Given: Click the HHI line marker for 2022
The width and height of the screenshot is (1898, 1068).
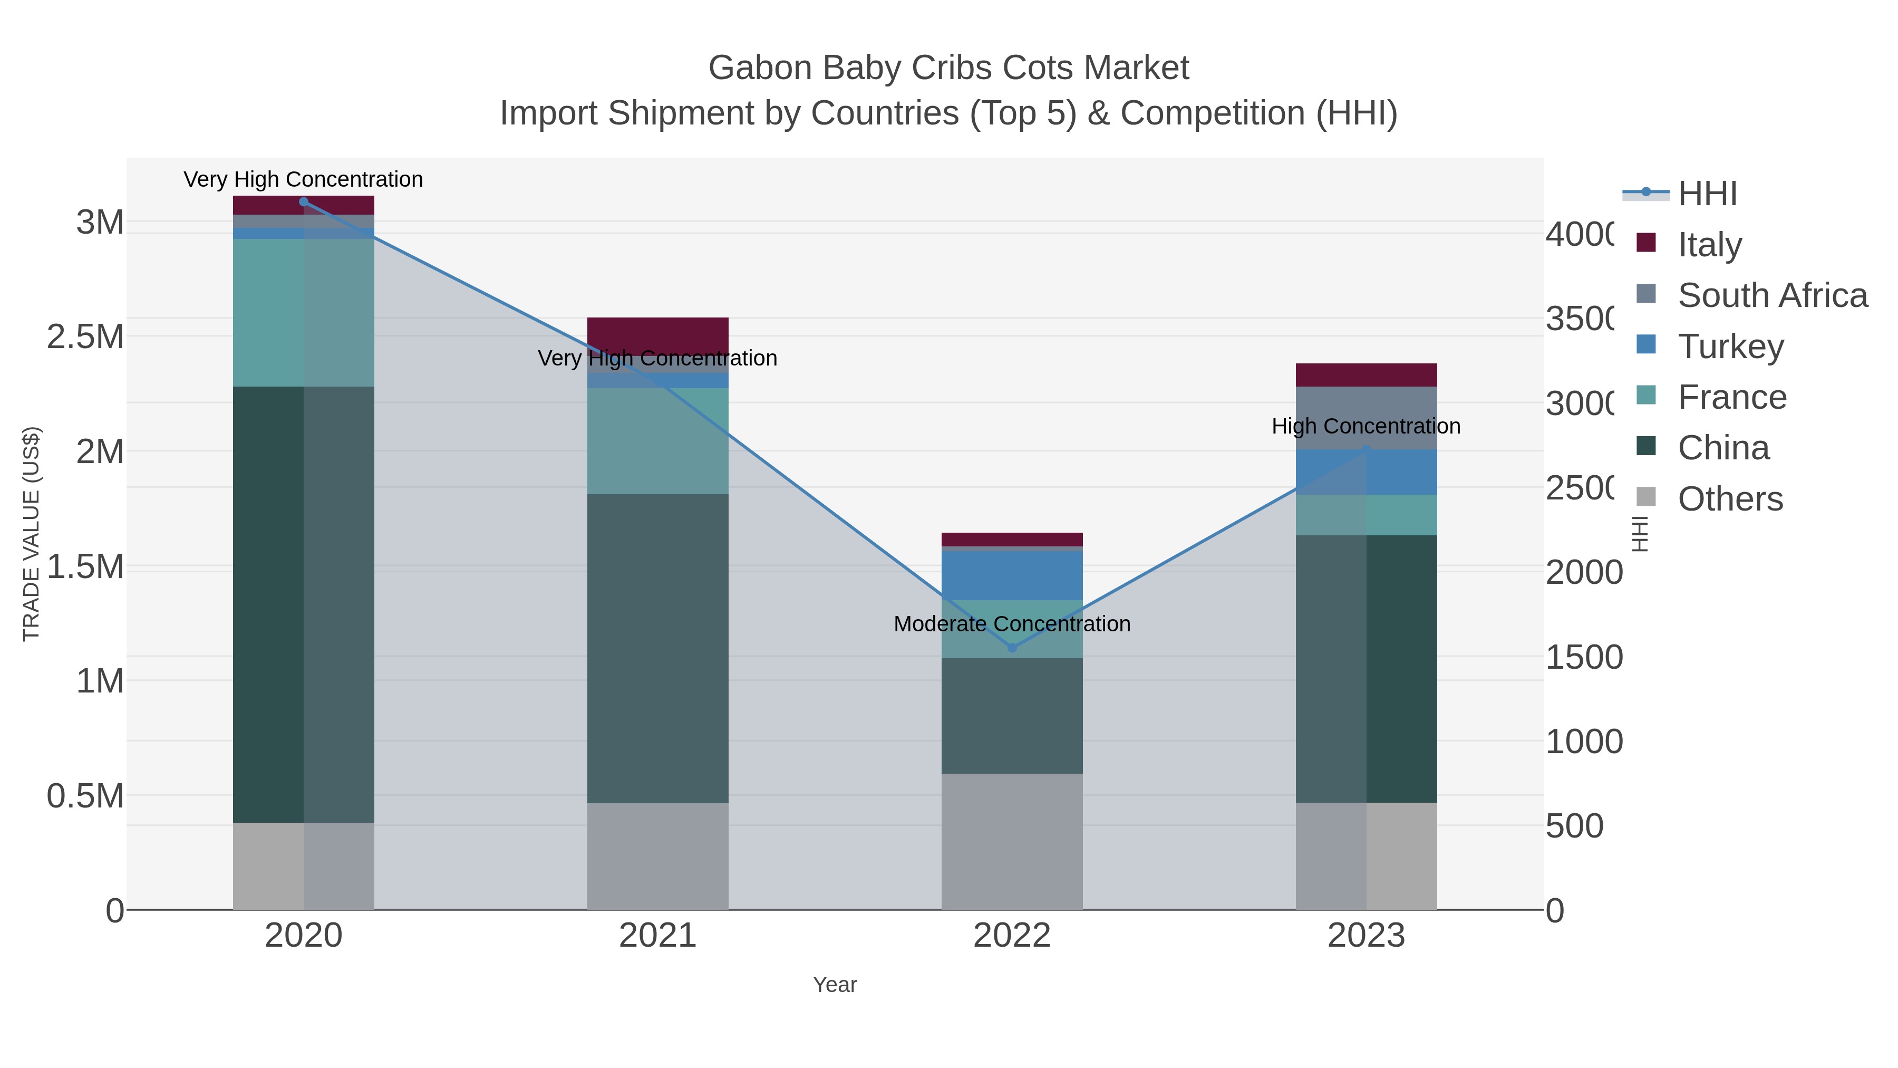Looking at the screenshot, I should (1012, 648).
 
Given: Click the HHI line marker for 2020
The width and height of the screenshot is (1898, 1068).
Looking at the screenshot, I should (304, 202).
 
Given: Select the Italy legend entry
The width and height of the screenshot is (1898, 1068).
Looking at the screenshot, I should (1709, 245).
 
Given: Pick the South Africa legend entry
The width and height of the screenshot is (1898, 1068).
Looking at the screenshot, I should (1772, 295).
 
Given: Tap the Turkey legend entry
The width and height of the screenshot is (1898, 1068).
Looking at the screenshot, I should (1730, 347).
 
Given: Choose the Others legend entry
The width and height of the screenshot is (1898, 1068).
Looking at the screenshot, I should (1730, 499).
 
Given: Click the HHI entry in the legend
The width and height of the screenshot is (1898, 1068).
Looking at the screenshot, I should (1707, 194).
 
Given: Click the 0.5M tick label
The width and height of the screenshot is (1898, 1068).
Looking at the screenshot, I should (85, 796).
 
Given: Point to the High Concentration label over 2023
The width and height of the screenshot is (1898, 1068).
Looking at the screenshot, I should (1366, 426).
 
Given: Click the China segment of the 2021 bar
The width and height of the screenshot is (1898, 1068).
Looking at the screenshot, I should (657, 649).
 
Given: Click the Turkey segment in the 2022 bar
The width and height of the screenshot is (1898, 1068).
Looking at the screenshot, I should (1012, 575).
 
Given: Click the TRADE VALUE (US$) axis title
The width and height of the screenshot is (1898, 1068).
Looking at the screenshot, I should (31, 534).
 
